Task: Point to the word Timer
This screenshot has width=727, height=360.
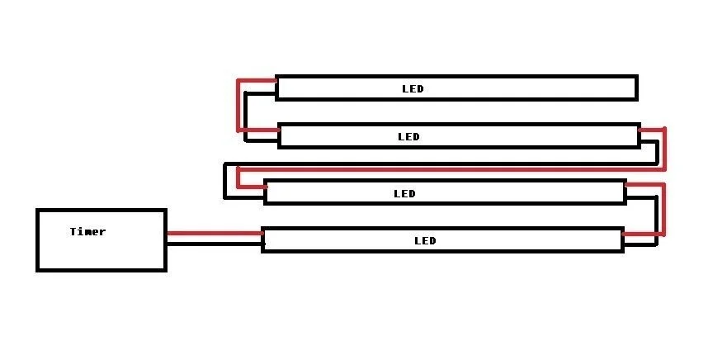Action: [87, 232]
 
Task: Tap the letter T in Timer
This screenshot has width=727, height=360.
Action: [73, 232]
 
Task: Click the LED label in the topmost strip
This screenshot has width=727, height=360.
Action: [413, 88]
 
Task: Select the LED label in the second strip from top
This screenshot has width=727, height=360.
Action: [408, 136]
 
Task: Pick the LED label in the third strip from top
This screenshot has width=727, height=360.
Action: [404, 194]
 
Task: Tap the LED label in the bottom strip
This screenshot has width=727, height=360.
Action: [425, 241]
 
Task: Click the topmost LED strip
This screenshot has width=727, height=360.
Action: [536, 88]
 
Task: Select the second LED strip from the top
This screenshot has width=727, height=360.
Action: [536, 136]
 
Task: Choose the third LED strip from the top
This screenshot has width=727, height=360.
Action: [536, 193]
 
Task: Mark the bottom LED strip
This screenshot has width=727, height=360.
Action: [536, 240]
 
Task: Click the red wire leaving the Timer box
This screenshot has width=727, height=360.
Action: [215, 234]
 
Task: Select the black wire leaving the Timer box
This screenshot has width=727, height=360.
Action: [215, 244]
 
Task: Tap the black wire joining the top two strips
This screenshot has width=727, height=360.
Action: [246, 116]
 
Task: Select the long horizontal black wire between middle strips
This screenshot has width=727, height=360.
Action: [437, 163]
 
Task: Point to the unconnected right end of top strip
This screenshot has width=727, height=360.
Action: [636, 88]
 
